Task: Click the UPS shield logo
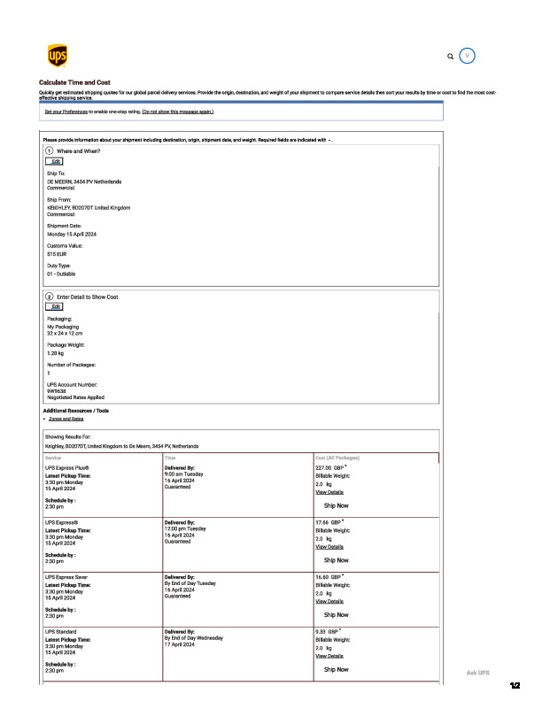[x=57, y=56]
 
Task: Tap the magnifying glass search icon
[x=451, y=56]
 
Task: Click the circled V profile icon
[x=468, y=55]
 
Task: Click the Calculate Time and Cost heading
[x=74, y=82]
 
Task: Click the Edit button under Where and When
[x=57, y=161]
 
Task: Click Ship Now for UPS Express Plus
[x=336, y=505]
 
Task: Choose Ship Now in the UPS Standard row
[x=336, y=669]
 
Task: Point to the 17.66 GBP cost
[x=329, y=522]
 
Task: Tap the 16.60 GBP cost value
[x=329, y=576]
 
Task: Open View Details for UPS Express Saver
[x=329, y=601]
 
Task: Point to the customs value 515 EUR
[x=58, y=253]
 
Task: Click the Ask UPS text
[x=478, y=673]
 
